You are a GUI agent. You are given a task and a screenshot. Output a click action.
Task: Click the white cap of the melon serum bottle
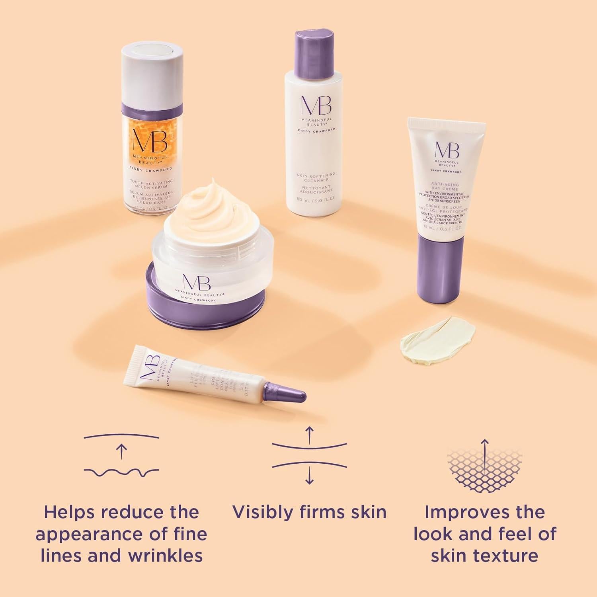point(152,74)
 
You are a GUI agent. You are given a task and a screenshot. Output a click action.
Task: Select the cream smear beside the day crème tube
point(437,341)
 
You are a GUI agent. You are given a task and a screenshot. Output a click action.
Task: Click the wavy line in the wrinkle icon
point(121,472)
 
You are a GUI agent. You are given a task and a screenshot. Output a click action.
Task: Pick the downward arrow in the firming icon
point(309,476)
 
